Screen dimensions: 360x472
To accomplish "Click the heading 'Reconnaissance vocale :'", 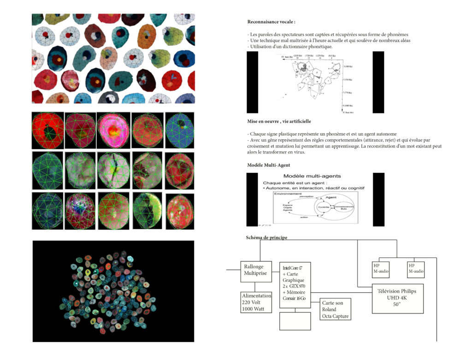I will [271, 22].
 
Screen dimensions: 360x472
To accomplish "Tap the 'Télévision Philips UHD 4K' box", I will [397, 298].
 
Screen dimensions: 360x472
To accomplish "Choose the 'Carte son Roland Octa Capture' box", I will [335, 309].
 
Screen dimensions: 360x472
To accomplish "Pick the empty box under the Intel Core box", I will [295, 321].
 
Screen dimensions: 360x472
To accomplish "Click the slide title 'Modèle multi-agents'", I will [312, 176].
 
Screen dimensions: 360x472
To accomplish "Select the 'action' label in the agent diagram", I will [304, 217].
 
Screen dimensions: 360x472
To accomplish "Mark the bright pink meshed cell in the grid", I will [113, 130].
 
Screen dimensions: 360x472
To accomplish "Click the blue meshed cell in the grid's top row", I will [179, 130].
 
